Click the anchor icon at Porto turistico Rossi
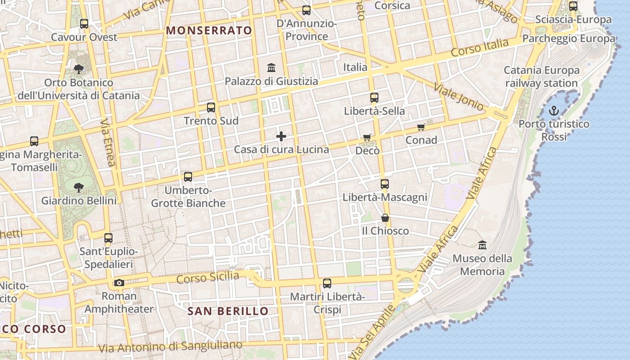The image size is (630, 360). coord(554,110)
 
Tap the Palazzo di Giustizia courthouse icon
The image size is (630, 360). coord(271,68)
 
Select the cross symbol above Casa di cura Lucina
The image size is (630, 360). coord(281,136)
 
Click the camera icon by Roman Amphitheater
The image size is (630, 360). coord(119,283)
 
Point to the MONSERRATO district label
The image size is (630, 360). coord(209,31)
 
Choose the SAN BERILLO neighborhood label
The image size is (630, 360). coord(228,311)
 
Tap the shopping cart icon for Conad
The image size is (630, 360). coord(421,127)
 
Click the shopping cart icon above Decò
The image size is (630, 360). coord(367,137)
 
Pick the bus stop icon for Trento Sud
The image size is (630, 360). coord(211,108)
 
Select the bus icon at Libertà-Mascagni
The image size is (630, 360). coord(385,184)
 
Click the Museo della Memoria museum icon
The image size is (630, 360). coord(482,245)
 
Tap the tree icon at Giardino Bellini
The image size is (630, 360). coord(79,187)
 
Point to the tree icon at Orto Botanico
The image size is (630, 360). coord(79,69)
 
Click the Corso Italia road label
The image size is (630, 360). coord(480,48)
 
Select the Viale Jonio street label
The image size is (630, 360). coord(459,97)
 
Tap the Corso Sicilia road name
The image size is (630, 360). coord(207,277)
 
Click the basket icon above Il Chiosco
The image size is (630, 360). coord(385,218)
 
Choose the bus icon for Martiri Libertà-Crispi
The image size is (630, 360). coord(327,283)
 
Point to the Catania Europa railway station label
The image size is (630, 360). coord(541,76)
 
